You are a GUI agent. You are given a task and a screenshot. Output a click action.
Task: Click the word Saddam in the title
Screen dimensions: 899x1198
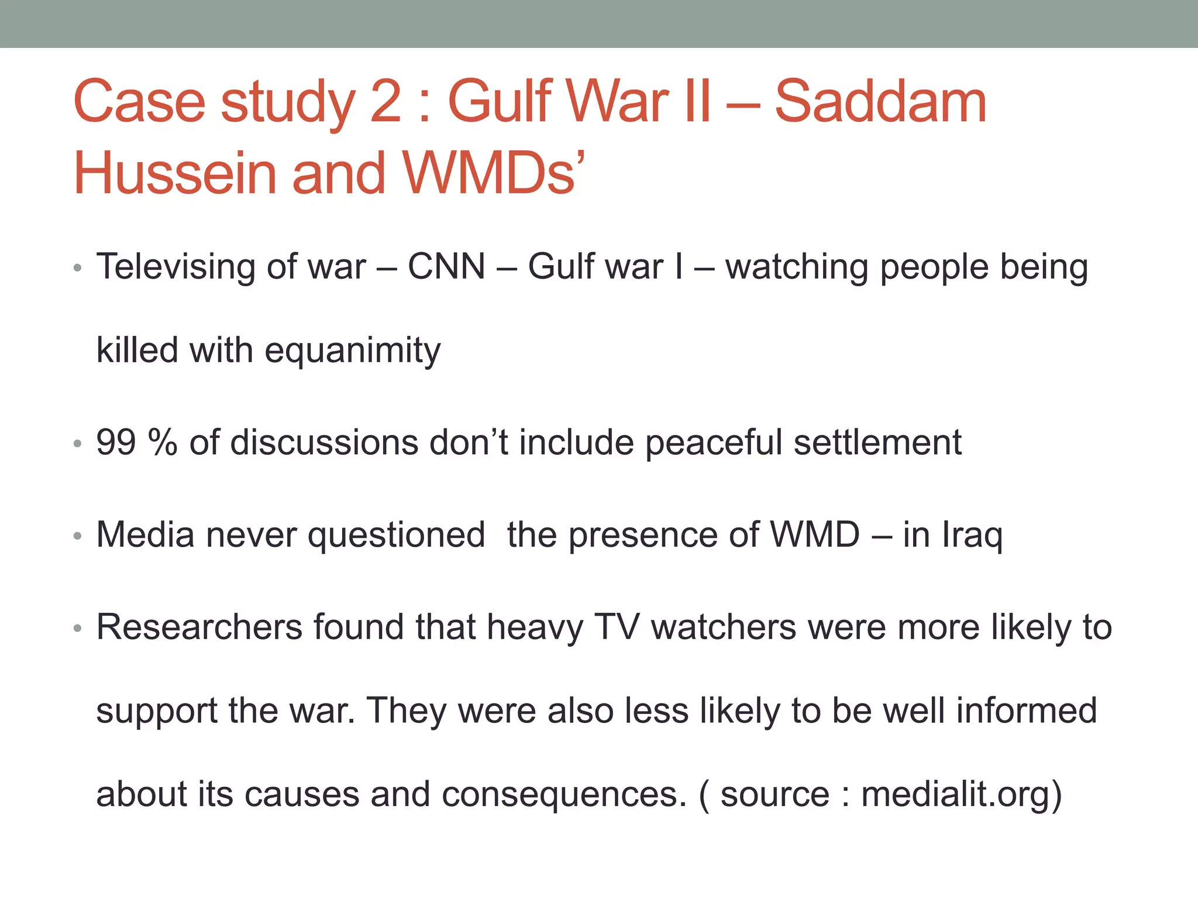[x=880, y=102]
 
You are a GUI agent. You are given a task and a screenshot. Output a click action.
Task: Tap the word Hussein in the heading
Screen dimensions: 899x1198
[x=174, y=174]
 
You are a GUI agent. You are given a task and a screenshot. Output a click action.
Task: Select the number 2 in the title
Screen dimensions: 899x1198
[x=386, y=102]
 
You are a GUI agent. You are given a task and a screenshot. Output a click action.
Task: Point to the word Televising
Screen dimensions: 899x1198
[x=175, y=267]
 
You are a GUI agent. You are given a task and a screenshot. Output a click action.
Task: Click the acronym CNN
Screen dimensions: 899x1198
[x=446, y=267]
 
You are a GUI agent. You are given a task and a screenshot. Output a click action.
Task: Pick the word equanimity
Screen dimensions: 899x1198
[x=353, y=351]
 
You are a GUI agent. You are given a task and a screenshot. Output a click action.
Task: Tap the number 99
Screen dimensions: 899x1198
[x=116, y=442]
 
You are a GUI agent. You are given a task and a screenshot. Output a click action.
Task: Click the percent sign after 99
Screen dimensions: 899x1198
[x=163, y=442]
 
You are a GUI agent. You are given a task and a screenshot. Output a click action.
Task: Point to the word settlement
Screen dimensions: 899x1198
[x=877, y=442]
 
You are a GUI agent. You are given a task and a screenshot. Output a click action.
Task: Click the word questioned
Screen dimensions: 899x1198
[x=396, y=536]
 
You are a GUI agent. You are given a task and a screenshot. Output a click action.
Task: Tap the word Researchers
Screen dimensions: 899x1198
[x=199, y=627]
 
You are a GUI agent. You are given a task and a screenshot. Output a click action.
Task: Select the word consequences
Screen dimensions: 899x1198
[x=564, y=795]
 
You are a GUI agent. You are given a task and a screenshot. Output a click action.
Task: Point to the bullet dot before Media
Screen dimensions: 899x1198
[x=78, y=536]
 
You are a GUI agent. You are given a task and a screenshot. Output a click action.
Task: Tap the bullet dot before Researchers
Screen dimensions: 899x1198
[x=78, y=629]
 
